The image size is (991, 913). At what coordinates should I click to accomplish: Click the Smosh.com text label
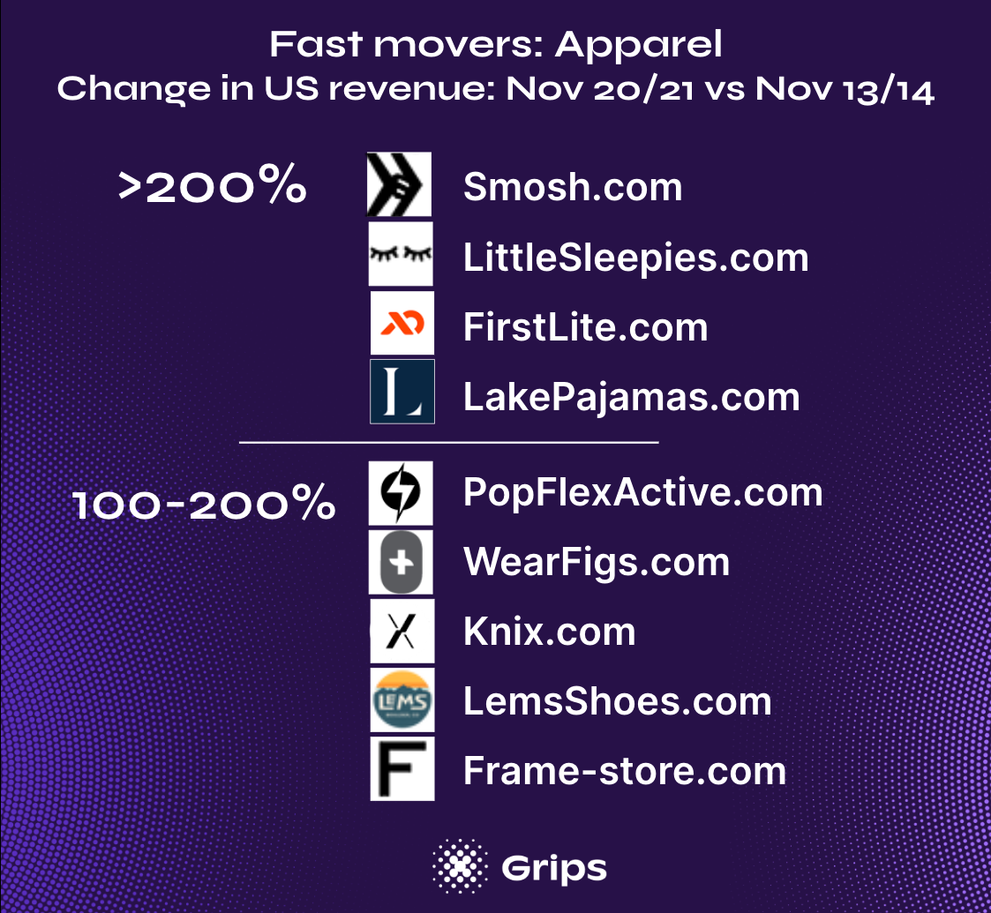(573, 187)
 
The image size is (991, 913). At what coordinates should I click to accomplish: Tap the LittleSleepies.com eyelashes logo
(401, 254)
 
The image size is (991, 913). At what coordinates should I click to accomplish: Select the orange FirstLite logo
(402, 323)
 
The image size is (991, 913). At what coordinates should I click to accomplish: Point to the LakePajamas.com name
(631, 398)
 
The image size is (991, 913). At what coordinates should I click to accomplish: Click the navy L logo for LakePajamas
(402, 392)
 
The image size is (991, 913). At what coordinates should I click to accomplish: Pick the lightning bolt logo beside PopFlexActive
(401, 493)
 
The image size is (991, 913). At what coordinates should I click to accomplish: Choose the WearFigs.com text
(597, 563)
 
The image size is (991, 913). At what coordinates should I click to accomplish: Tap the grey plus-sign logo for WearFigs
(401, 562)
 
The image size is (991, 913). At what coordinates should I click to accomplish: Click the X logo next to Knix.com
(402, 632)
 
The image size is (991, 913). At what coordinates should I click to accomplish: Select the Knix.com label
(549, 632)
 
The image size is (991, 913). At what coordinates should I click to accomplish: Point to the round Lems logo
(402, 700)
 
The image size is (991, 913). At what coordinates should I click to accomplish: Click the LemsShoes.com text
(618, 701)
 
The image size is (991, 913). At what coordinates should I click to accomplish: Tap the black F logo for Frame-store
(402, 769)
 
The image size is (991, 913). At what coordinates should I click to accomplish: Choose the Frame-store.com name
(625, 772)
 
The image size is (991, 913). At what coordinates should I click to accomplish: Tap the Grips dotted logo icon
(460, 866)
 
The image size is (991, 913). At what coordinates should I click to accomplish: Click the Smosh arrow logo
(400, 183)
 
